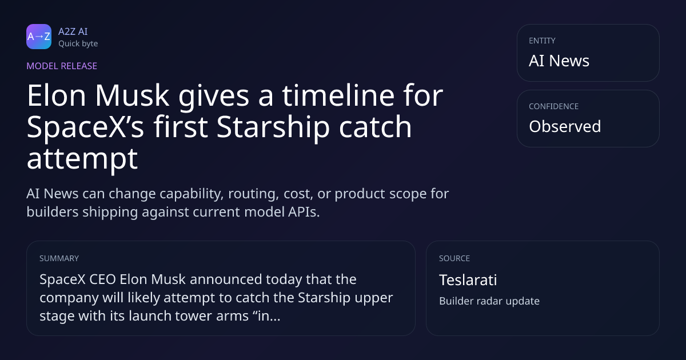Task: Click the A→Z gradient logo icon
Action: pyautogui.click(x=39, y=37)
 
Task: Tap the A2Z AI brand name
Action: pyautogui.click(x=73, y=31)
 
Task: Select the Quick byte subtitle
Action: pyautogui.click(x=78, y=43)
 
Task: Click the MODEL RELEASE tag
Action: pyautogui.click(x=62, y=66)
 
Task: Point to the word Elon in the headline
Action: pyautogui.click(x=57, y=95)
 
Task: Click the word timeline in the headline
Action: pyautogui.click(x=338, y=95)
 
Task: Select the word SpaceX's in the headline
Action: pyautogui.click(x=85, y=127)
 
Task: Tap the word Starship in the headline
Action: pyautogui.click(x=273, y=127)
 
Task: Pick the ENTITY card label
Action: pyautogui.click(x=542, y=41)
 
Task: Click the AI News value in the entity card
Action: pyautogui.click(x=559, y=61)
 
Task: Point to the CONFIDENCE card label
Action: pyautogui.click(x=554, y=106)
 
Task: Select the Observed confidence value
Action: pyautogui.click(x=565, y=126)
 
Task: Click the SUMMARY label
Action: pyautogui.click(x=59, y=258)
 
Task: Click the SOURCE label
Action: pyautogui.click(x=454, y=258)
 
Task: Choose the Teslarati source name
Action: pyautogui.click(x=468, y=280)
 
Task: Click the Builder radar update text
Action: pyautogui.click(x=489, y=301)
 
